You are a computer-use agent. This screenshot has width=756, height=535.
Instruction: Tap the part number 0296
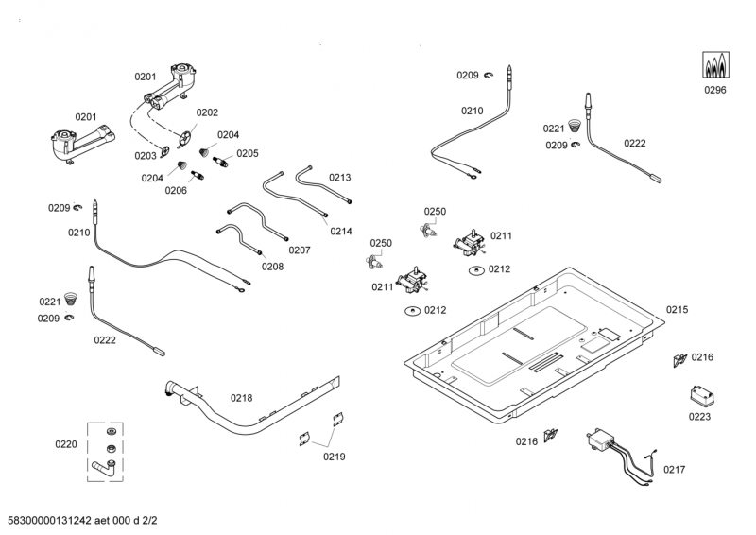(x=714, y=91)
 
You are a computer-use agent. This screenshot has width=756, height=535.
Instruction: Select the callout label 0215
(x=678, y=309)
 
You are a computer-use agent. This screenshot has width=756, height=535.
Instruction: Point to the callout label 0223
(x=699, y=416)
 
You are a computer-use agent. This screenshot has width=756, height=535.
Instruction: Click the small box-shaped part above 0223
(x=697, y=394)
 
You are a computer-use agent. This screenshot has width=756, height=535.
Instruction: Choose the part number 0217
(x=675, y=470)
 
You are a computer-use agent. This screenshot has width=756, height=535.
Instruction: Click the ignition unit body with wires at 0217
(x=599, y=439)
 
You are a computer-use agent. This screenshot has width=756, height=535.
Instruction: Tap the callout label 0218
(x=241, y=398)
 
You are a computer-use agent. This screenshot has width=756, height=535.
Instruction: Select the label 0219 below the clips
(x=334, y=457)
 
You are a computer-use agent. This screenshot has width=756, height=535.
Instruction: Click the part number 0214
(x=341, y=231)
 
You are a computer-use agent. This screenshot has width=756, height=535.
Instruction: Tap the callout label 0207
(x=300, y=250)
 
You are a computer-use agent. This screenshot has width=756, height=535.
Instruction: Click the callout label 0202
(x=207, y=112)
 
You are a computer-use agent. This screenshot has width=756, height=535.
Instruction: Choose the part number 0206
(x=176, y=190)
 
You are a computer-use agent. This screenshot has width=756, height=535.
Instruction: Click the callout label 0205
(x=248, y=153)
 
